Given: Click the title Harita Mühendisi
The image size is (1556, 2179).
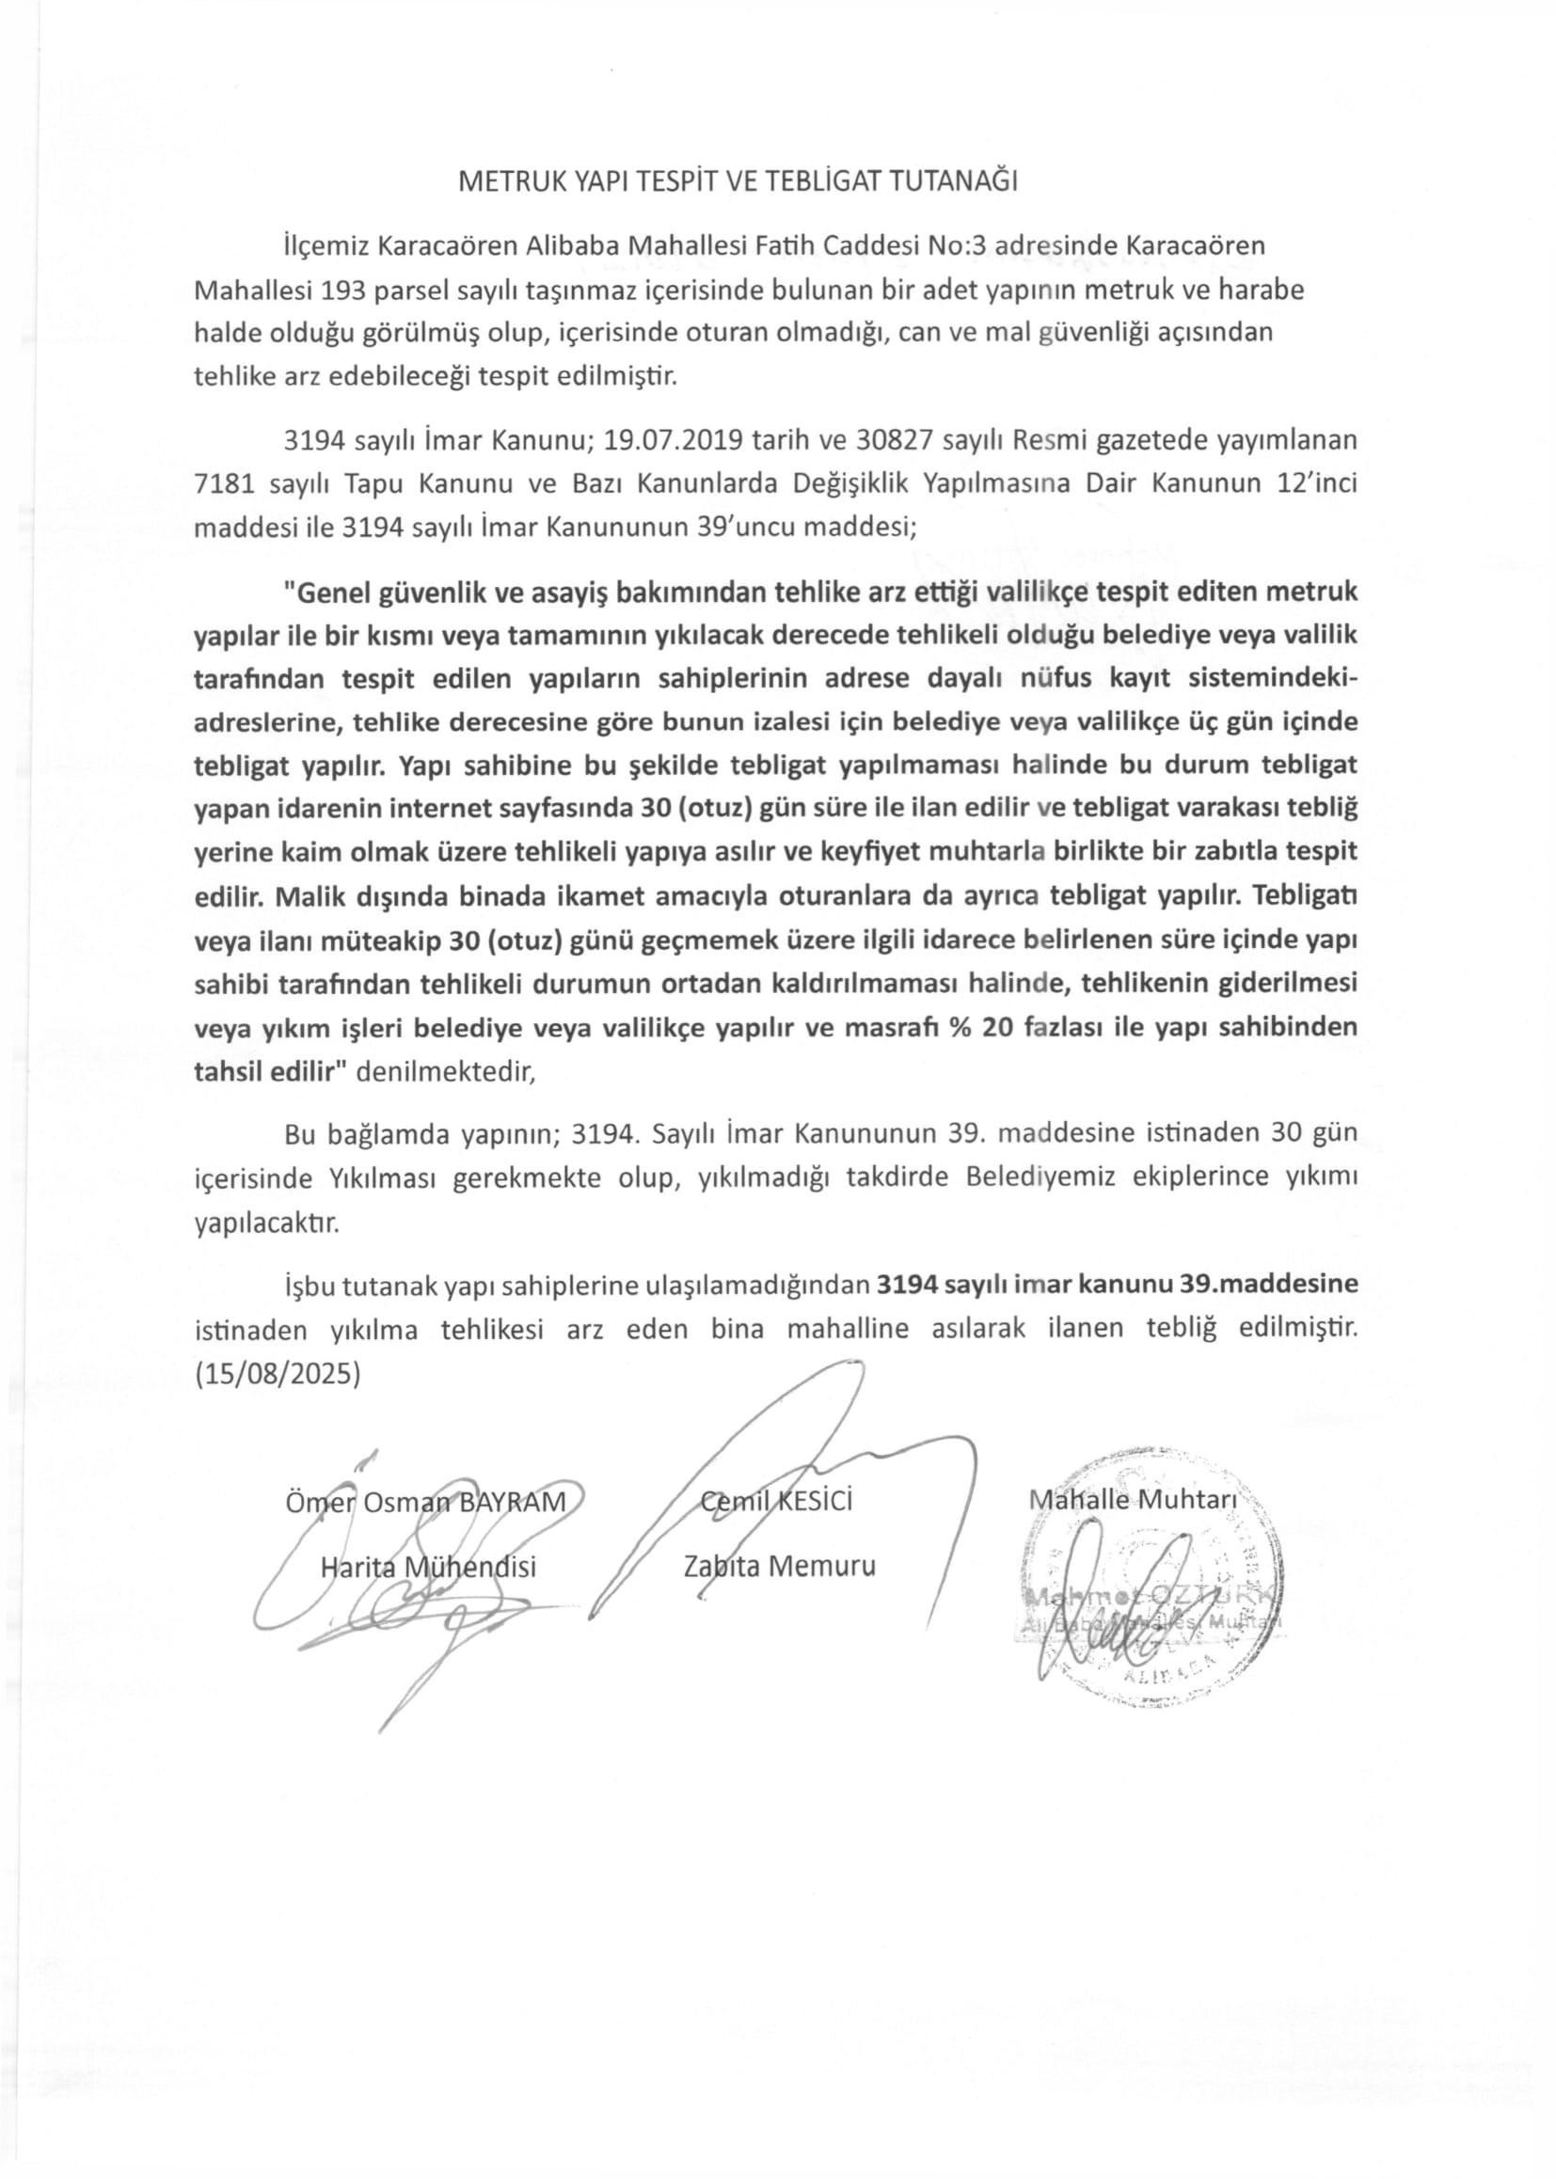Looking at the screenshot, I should point(427,1567).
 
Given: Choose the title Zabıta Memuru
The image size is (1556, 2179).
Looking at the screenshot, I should point(779,1567).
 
